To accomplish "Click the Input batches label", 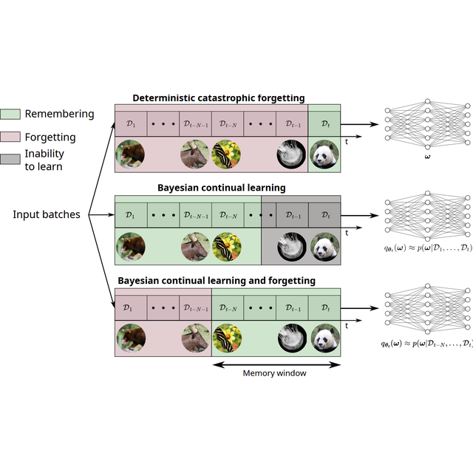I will [x=47, y=214].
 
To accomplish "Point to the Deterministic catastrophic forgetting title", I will [x=219, y=98].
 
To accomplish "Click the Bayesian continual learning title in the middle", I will [x=221, y=188].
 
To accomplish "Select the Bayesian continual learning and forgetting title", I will [x=217, y=281].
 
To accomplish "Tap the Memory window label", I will [x=275, y=373].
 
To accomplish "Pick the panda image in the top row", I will [x=324, y=155].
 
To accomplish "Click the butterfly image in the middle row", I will [x=227, y=247].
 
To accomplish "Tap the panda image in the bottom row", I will [x=324, y=338].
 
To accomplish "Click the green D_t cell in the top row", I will [x=324, y=123].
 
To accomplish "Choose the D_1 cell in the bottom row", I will [x=130, y=307].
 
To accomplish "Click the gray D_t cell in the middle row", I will [x=324, y=215].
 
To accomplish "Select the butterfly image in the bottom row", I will [x=227, y=338].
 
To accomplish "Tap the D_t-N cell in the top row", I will [x=227, y=123].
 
